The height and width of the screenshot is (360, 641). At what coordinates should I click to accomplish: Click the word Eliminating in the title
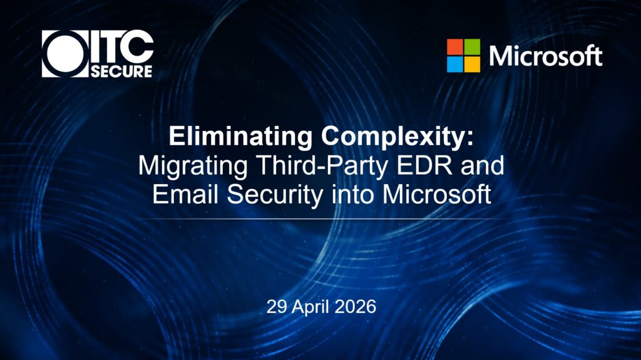click(x=240, y=136)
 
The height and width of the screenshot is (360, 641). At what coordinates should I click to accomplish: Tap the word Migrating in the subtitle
click(x=193, y=166)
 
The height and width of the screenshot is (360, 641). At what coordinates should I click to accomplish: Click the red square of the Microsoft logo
click(x=454, y=47)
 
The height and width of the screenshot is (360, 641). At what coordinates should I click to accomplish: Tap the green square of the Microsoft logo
click(x=472, y=47)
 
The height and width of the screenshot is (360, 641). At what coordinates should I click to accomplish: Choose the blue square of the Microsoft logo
click(x=454, y=64)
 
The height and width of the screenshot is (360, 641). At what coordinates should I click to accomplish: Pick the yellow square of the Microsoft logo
click(x=472, y=64)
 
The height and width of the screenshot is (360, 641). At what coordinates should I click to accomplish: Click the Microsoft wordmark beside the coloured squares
click(x=545, y=56)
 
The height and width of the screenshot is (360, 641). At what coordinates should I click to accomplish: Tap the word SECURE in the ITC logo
click(x=121, y=71)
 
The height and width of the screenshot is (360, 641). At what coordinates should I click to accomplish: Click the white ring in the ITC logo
click(x=49, y=54)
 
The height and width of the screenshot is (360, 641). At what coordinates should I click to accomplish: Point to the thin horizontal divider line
click(x=320, y=219)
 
